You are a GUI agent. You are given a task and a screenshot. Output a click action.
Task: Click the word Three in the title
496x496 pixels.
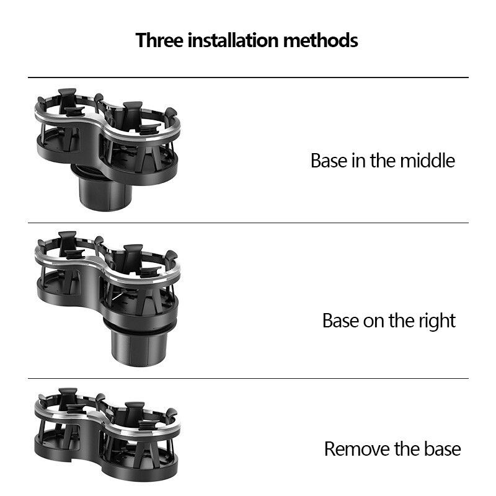click(x=159, y=40)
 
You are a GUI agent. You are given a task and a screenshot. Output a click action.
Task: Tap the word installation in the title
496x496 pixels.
click(x=233, y=40)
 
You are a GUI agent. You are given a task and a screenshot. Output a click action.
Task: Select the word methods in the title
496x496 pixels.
click(x=321, y=40)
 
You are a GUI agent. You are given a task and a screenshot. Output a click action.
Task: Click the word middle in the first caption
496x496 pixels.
click(x=427, y=161)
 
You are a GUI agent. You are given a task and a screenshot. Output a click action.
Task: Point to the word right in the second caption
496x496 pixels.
click(x=437, y=321)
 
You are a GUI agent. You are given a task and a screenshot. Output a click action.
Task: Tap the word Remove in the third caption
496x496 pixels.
click(x=357, y=449)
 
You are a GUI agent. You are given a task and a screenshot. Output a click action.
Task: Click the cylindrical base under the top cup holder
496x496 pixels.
click(x=102, y=188)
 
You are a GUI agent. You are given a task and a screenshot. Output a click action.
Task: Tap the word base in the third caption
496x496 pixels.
click(x=442, y=449)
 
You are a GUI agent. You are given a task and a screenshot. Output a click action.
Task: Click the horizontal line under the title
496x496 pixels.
click(x=248, y=77)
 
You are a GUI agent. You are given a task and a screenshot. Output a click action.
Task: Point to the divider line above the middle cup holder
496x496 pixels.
click(x=248, y=223)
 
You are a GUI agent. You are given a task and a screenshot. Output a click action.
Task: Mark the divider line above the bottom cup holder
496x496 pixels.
click(x=248, y=378)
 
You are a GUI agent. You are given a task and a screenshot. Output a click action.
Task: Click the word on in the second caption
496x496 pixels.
click(x=374, y=321)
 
